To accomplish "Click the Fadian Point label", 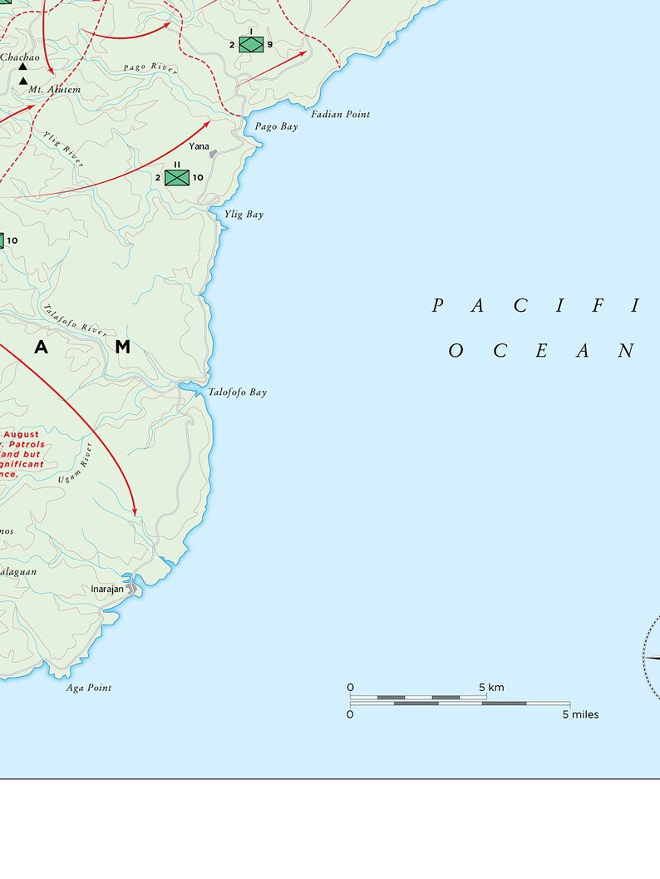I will (341, 114).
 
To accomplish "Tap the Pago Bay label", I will (277, 126).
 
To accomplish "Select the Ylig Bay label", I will (244, 215).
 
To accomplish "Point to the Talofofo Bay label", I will (238, 392).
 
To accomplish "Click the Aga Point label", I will (89, 688).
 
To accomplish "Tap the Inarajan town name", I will (107, 589).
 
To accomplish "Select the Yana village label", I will (199, 146).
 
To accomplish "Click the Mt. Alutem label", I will (55, 89).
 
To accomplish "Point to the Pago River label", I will (150, 68).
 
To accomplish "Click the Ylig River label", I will (64, 149).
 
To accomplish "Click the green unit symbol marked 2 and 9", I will (251, 44).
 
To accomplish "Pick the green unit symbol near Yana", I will (177, 177).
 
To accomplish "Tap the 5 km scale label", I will (491, 687).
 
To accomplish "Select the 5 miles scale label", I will (580, 714).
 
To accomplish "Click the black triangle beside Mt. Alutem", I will (23, 81).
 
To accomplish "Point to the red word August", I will (22, 434).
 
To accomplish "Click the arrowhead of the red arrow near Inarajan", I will (135, 509).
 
